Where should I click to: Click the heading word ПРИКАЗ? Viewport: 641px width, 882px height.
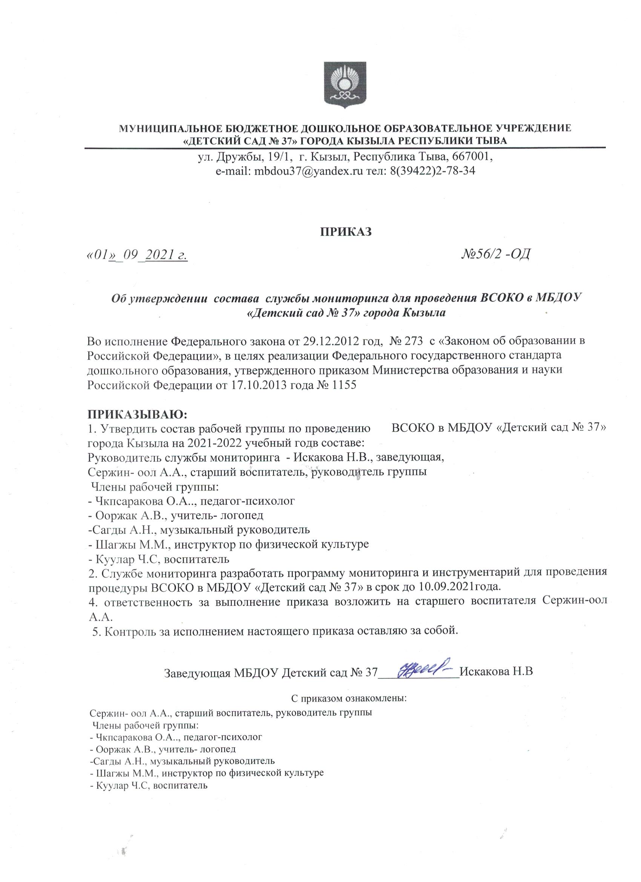345,231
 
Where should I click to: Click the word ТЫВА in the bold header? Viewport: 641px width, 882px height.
491,140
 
